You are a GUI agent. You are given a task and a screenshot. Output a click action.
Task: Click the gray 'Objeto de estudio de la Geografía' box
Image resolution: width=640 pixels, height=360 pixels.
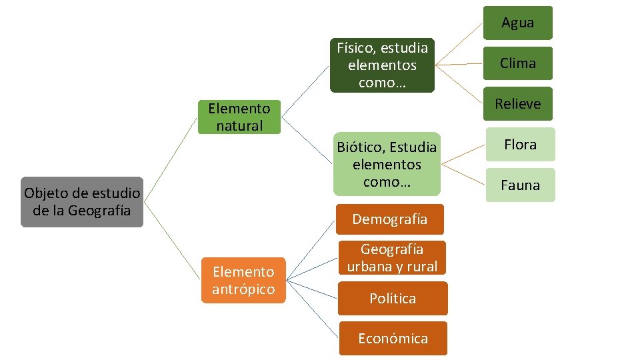(x=82, y=202)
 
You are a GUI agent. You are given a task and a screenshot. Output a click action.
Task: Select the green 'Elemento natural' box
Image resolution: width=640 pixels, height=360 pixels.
(x=239, y=117)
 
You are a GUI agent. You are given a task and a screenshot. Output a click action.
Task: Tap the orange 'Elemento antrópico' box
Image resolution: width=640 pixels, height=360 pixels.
(x=243, y=280)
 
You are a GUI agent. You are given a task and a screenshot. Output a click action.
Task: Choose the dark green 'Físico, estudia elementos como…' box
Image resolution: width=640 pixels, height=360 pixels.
(x=382, y=65)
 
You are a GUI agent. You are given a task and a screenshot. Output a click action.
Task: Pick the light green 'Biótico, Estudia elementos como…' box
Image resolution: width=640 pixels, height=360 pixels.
(x=387, y=164)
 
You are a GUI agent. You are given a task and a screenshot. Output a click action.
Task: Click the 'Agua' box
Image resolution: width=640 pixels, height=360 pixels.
(x=518, y=23)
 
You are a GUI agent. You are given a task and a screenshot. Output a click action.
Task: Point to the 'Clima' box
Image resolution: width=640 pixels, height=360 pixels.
(x=518, y=63)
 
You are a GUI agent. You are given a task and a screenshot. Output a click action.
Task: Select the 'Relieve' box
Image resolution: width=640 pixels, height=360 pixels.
(x=518, y=104)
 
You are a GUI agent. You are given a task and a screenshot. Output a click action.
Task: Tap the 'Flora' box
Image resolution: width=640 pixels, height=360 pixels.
(x=520, y=145)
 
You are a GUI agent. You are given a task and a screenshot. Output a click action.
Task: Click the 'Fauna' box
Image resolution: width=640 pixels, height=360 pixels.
(x=520, y=185)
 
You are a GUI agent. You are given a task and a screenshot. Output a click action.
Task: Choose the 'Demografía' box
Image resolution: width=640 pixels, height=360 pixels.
(x=390, y=219)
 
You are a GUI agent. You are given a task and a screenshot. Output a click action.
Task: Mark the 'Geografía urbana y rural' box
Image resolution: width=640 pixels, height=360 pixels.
(x=392, y=258)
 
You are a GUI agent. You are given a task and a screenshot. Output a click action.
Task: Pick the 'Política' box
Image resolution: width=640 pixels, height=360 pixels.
(x=393, y=299)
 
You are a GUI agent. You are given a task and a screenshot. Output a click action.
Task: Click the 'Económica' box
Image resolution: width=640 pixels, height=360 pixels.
(x=393, y=339)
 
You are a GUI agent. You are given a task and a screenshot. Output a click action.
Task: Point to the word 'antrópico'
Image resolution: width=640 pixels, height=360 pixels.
(x=243, y=289)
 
